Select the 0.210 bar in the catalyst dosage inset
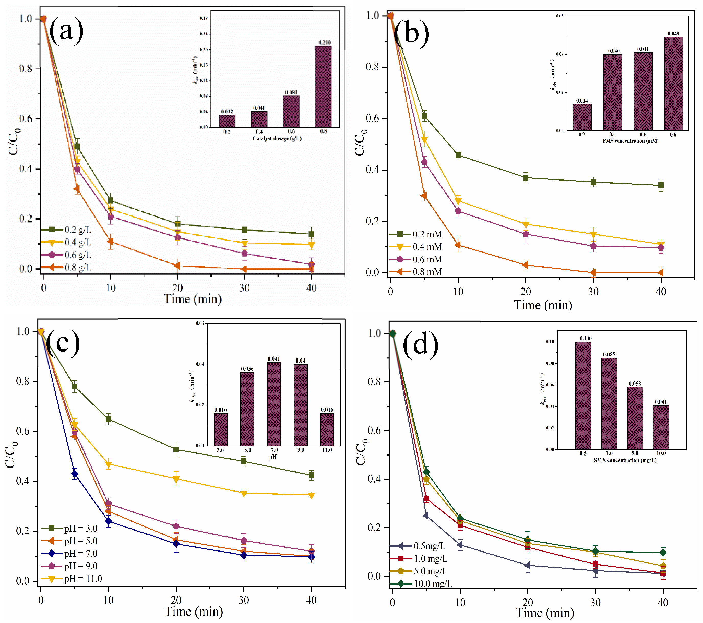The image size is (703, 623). click(323, 87)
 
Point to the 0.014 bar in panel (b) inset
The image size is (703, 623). click(582, 117)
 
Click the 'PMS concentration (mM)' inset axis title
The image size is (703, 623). click(630, 141)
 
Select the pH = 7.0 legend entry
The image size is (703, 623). click(70, 554)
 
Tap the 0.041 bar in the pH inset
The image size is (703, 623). click(274, 404)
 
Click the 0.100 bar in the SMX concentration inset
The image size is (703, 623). click(583, 396)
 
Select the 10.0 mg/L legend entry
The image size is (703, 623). click(422, 584)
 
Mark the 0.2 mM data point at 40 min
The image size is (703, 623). click(661, 185)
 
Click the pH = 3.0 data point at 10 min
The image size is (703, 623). click(108, 419)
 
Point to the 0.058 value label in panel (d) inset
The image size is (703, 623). click(635, 384)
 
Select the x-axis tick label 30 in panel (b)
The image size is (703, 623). click(593, 292)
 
